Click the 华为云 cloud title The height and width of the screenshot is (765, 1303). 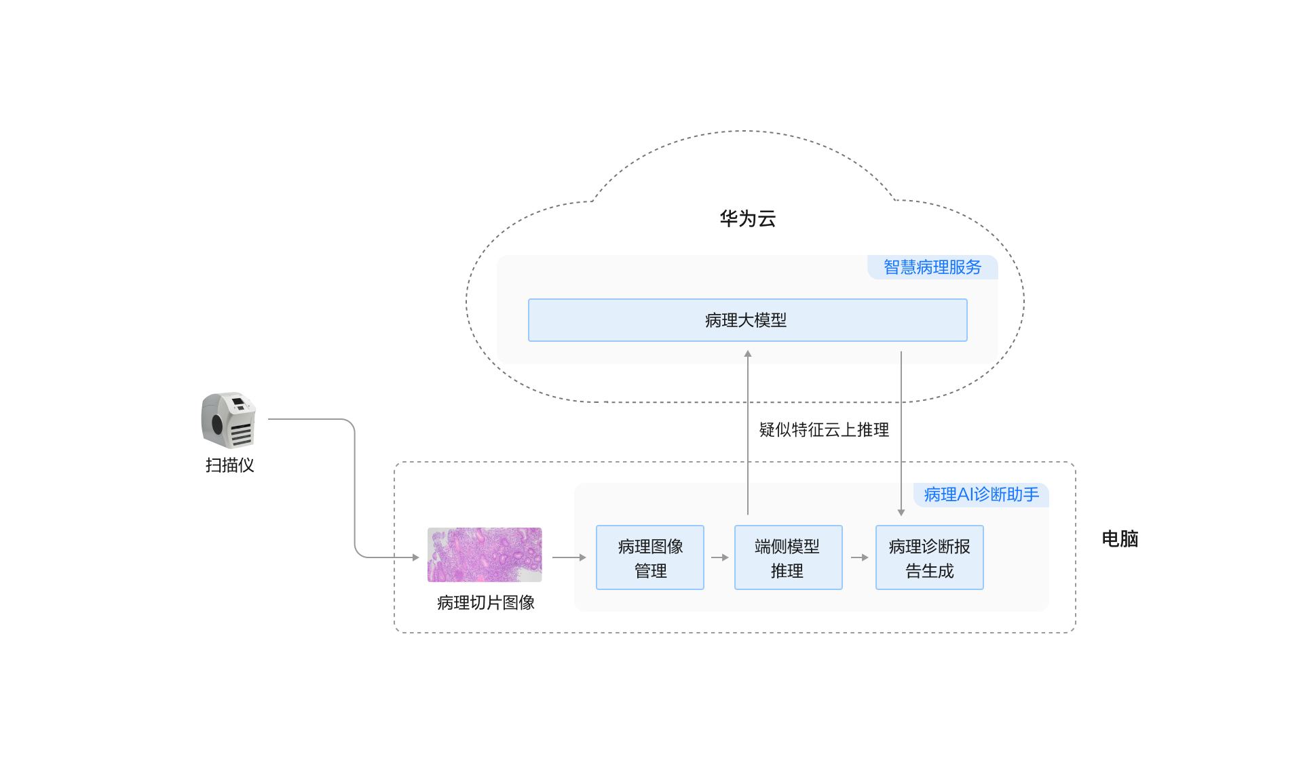point(747,218)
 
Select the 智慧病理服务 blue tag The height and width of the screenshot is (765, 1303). point(932,267)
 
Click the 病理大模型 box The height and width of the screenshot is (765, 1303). point(747,320)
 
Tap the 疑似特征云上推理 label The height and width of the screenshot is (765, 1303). point(824,430)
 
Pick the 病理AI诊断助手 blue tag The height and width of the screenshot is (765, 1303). point(981,494)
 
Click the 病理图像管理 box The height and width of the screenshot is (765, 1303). point(650,557)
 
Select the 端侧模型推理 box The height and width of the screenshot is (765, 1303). point(788,557)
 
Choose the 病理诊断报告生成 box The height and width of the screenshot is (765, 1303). point(929,557)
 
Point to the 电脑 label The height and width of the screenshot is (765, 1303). point(1120,539)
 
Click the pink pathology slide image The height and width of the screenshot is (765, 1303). point(485,555)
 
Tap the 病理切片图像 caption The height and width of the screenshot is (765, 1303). point(486,602)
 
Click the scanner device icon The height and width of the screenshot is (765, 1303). point(229,420)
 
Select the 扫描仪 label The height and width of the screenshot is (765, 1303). point(229,465)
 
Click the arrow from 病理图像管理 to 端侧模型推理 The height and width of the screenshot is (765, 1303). point(720,557)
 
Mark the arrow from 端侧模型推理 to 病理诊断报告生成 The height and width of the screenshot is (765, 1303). point(860,557)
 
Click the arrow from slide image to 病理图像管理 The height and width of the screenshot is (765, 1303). point(569,557)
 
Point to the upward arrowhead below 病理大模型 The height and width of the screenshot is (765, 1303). point(748,354)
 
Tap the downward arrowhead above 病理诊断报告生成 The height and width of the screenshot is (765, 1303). point(901,512)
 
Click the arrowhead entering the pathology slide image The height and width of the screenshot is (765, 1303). point(415,557)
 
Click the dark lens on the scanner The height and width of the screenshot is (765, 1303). point(217,425)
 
